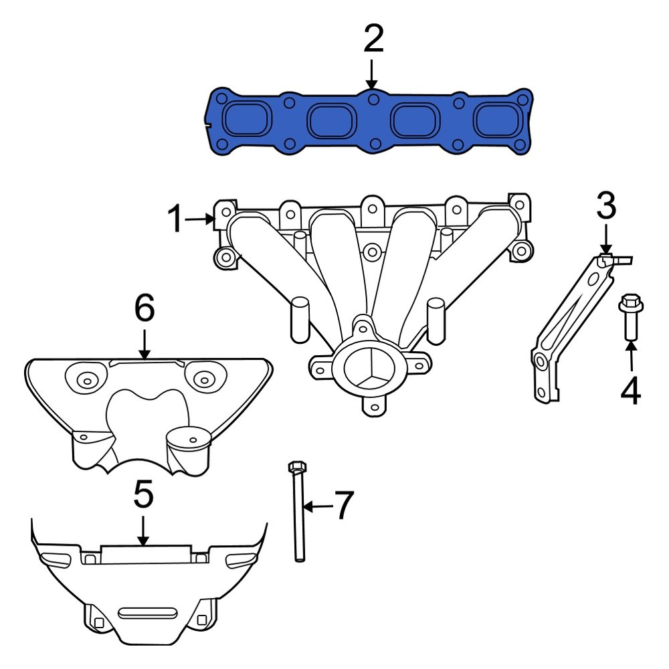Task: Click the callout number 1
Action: click(x=175, y=219)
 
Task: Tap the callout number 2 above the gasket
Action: click(x=373, y=40)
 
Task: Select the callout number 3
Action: click(x=606, y=207)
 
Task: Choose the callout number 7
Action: click(x=343, y=506)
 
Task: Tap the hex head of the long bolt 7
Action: click(x=297, y=466)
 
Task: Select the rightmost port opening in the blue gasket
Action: click(x=496, y=121)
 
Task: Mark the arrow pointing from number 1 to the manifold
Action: click(x=199, y=219)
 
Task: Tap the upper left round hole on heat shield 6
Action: click(x=86, y=380)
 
